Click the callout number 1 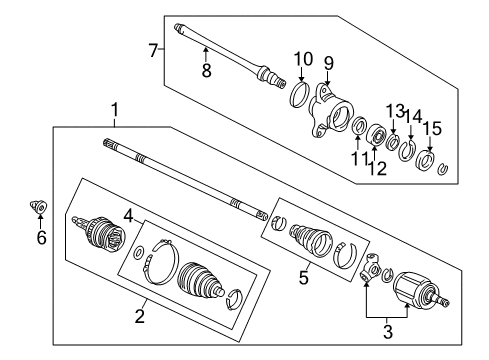114,110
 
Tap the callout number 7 153,51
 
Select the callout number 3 388,331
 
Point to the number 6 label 41,238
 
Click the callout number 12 377,168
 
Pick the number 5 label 303,278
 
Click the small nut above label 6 39,206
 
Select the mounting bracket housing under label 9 331,110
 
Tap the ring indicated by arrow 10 299,95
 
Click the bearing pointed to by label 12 376,135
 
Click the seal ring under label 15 426,160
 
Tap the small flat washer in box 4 139,252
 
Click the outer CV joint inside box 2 99,233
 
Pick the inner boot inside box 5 312,240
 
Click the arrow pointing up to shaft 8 206,54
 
